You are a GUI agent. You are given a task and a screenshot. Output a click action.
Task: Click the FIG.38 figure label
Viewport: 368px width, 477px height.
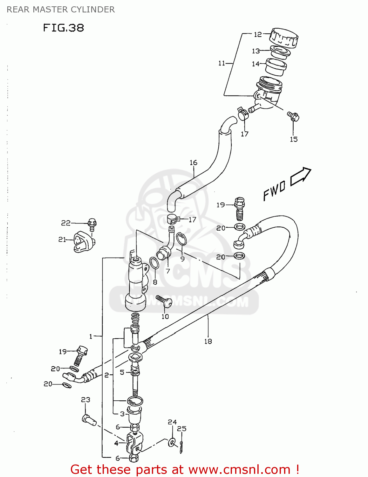pyautogui.click(x=64, y=28)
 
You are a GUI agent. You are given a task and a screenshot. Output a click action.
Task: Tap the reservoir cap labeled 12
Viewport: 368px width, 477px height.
pyautogui.click(x=284, y=38)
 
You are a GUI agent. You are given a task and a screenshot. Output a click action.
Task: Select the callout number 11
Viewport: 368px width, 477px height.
pyautogui.click(x=221, y=63)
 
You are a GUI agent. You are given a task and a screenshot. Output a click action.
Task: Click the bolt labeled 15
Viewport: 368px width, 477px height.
pyautogui.click(x=293, y=116)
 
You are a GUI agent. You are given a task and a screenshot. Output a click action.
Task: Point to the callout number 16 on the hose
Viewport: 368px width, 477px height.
pyautogui.click(x=194, y=163)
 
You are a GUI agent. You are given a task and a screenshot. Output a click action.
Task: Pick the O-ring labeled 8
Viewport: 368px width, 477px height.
pyautogui.click(x=154, y=263)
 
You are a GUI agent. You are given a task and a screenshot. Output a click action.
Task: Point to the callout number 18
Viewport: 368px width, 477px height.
pyautogui.click(x=208, y=341)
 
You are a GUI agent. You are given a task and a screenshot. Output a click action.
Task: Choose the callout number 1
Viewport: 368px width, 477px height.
pyautogui.click(x=91, y=336)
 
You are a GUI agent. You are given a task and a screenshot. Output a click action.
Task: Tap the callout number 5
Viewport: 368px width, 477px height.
pyautogui.click(x=122, y=372)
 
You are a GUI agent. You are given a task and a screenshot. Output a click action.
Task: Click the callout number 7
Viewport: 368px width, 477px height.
pyautogui.click(x=168, y=271)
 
